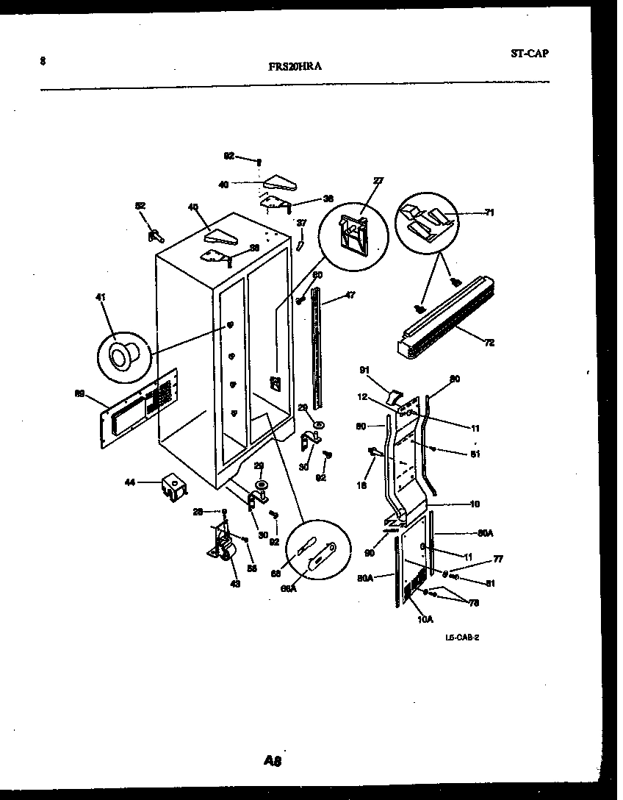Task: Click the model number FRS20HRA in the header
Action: (295, 65)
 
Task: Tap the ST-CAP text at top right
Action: (529, 53)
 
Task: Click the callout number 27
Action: (378, 180)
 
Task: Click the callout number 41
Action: (100, 297)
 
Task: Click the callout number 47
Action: (350, 295)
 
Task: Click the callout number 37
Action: (300, 222)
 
